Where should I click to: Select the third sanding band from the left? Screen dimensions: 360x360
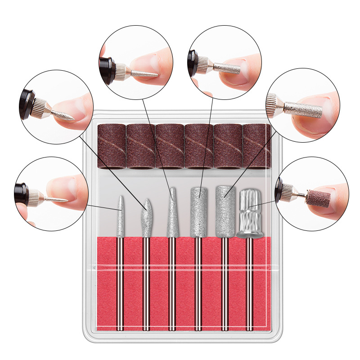coord(170,146)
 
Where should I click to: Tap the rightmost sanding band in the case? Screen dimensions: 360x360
coord(257,146)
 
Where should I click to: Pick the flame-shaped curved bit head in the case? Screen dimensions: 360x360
coord(146,218)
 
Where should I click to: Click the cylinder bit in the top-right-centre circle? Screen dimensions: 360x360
coord(227,68)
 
